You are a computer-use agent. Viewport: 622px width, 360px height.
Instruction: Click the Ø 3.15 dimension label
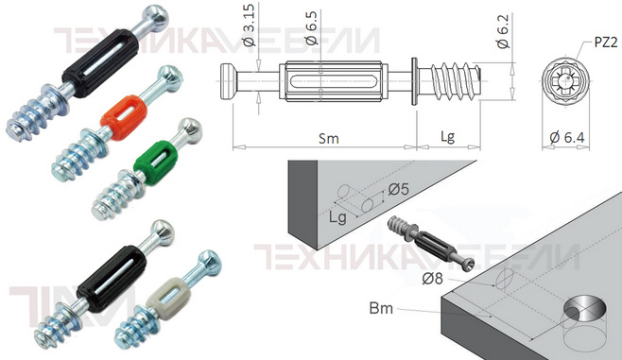point(250,26)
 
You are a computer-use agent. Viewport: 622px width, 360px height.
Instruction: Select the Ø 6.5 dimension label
point(311,27)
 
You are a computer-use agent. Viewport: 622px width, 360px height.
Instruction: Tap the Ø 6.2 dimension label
point(503,32)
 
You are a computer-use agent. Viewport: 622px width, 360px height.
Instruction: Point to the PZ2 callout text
point(606,43)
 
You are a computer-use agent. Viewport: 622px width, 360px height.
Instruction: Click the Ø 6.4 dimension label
point(567,138)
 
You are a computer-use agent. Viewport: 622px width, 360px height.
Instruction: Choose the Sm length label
point(329,139)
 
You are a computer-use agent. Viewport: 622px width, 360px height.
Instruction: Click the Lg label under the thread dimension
point(447,137)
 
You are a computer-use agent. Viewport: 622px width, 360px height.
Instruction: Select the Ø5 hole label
point(398,190)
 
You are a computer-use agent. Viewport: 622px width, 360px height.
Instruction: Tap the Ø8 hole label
point(432,279)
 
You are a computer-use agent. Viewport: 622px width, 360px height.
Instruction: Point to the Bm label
point(381,308)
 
